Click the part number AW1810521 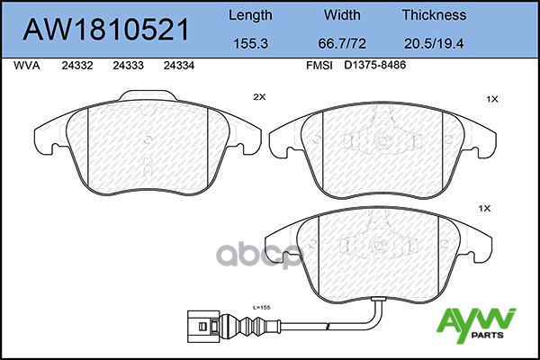click(106, 30)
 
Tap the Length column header click(250, 16)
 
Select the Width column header click(342, 15)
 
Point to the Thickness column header click(434, 15)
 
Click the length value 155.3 click(251, 43)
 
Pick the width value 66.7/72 click(342, 43)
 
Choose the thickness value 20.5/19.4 click(434, 43)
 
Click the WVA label click(27, 66)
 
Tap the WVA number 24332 click(77, 66)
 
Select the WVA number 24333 click(128, 66)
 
